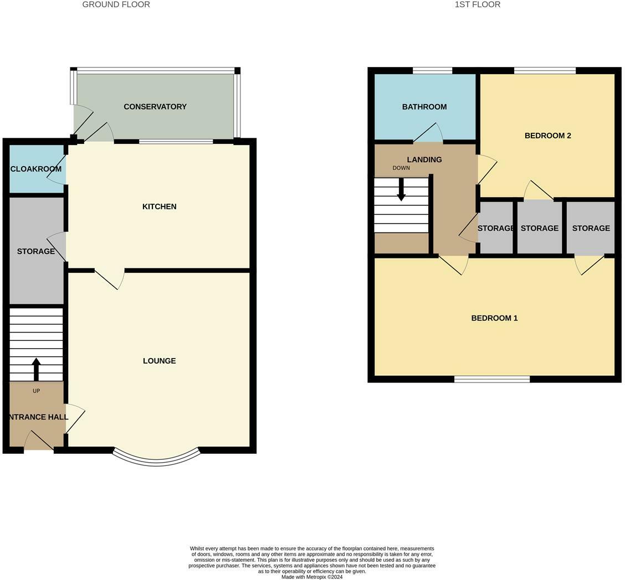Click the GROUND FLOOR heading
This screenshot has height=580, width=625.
(x=116, y=4)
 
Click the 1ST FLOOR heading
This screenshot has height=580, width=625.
(x=477, y=4)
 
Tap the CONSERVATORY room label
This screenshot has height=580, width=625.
(x=155, y=107)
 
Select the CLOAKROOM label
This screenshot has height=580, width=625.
(x=36, y=169)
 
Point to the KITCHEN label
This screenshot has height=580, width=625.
(x=159, y=206)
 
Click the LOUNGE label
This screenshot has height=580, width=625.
(x=159, y=361)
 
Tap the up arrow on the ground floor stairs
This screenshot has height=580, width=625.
(x=37, y=369)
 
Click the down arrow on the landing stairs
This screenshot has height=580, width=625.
(x=401, y=189)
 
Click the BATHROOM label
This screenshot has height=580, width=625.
(x=424, y=107)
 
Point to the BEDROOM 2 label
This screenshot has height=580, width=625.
(x=547, y=136)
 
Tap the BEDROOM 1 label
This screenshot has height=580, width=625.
(x=494, y=318)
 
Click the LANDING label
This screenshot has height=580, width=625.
(x=424, y=160)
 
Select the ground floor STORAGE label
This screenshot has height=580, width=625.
(x=36, y=251)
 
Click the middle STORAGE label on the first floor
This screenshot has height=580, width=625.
(x=539, y=228)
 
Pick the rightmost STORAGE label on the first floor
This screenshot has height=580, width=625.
(x=591, y=228)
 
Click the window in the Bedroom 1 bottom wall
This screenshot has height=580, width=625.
(x=491, y=379)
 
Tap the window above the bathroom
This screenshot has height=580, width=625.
(x=432, y=70)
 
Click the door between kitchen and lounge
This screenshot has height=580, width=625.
(x=109, y=278)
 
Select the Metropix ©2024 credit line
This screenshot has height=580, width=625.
(x=312, y=577)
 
